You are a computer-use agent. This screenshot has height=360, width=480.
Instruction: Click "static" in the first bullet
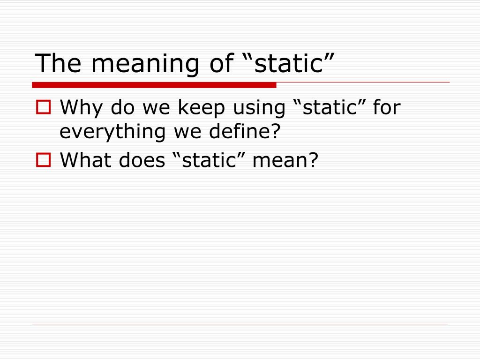pos(330,108)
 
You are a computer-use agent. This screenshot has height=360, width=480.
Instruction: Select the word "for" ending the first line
pos(387,108)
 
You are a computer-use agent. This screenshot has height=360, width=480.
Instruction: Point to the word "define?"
pos(247,132)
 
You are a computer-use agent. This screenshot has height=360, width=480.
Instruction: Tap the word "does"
pos(142,161)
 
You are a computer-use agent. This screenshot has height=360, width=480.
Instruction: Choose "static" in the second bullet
pos(209,161)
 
